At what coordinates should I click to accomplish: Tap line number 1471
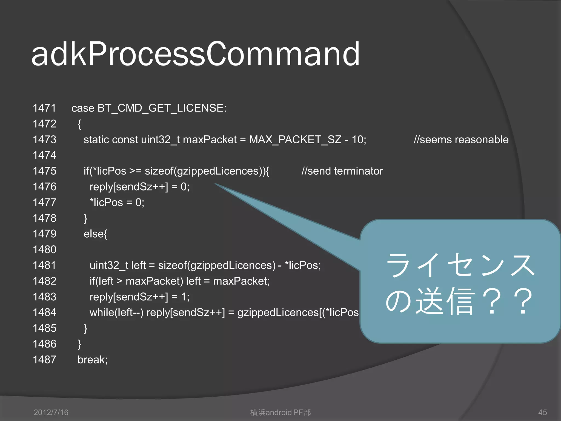pyautogui.click(x=44, y=108)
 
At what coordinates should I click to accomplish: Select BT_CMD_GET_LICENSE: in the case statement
pyautogui.click(x=162, y=108)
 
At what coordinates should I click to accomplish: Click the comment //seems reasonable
pyautogui.click(x=461, y=140)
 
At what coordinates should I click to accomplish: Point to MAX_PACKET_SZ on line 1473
pyautogui.click(x=295, y=140)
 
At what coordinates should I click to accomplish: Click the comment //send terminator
pyautogui.click(x=342, y=171)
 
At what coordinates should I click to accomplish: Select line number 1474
pyautogui.click(x=44, y=155)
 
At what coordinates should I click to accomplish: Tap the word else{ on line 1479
pyautogui.click(x=95, y=234)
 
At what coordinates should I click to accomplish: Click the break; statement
pyautogui.click(x=93, y=360)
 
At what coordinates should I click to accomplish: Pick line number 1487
pyautogui.click(x=44, y=360)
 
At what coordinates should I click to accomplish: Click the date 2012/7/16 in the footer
pyautogui.click(x=51, y=412)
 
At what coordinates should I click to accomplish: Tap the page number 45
pyautogui.click(x=542, y=412)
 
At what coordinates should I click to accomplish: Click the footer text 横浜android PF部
pyautogui.click(x=280, y=412)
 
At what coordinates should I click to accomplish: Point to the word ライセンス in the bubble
pyautogui.click(x=460, y=265)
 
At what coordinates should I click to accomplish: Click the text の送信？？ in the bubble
pyautogui.click(x=459, y=301)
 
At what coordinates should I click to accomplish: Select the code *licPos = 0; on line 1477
pyautogui.click(x=117, y=203)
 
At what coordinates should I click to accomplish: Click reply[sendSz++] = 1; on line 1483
pyautogui.click(x=139, y=297)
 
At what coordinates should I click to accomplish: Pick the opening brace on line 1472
pyautogui.click(x=79, y=124)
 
